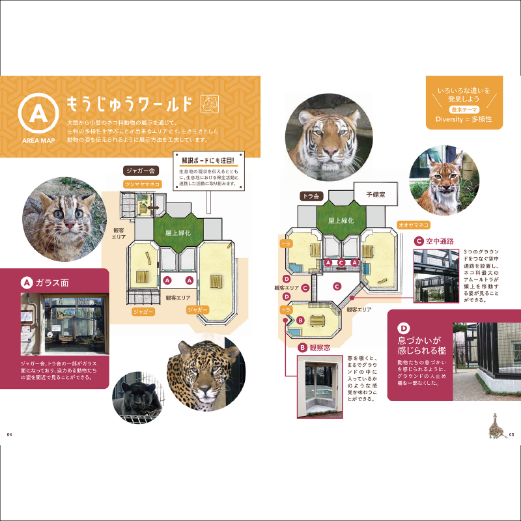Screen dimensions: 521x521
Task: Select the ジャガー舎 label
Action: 141,171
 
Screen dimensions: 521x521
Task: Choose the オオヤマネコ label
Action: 414,225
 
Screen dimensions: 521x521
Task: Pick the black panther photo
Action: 138,397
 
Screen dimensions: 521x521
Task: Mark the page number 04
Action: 10,435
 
